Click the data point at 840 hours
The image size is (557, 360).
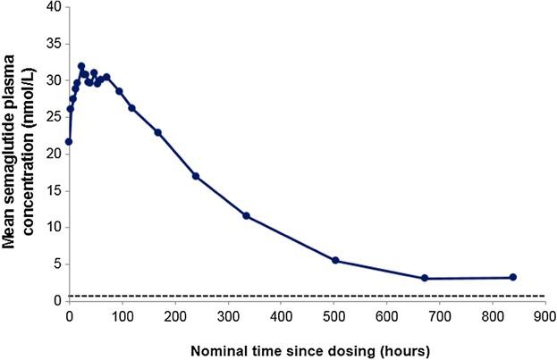512,277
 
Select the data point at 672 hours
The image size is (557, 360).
425,278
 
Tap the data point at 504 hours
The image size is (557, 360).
335,260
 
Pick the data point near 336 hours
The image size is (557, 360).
246,215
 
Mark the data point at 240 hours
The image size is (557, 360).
195,176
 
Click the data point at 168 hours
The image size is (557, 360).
157,132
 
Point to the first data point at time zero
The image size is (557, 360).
69,141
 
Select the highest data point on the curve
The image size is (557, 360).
81,66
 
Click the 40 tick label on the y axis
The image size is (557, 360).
55,7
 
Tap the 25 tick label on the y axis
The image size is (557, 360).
55,117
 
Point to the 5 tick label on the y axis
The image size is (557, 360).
58,264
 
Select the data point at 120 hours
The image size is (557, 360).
131,108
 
